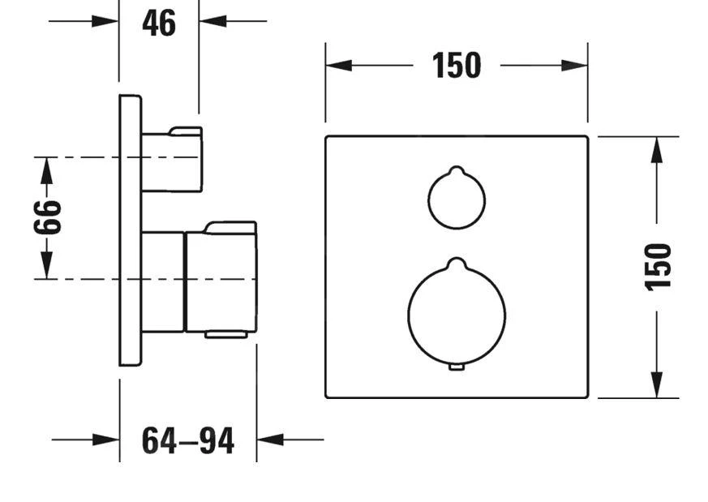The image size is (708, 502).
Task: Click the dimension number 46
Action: [x=158, y=23]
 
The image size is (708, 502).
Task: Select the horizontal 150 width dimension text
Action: [x=456, y=66]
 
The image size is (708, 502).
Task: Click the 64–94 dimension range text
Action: [x=187, y=440]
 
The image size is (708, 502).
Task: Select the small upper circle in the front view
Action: [x=456, y=200]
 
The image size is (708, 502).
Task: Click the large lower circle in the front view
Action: [x=456, y=313]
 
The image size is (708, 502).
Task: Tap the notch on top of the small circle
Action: [x=456, y=171]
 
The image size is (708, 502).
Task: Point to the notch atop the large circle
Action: [x=456, y=263]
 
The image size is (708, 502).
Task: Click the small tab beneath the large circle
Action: [x=456, y=367]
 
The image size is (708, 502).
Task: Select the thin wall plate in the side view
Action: [x=130, y=230]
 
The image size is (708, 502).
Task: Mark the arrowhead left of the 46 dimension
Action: [x=106, y=20]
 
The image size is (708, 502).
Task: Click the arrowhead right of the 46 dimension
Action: [x=212, y=20]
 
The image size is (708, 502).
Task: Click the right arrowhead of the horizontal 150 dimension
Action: [x=575, y=66]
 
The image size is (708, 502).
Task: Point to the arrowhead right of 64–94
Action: [x=270, y=440]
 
